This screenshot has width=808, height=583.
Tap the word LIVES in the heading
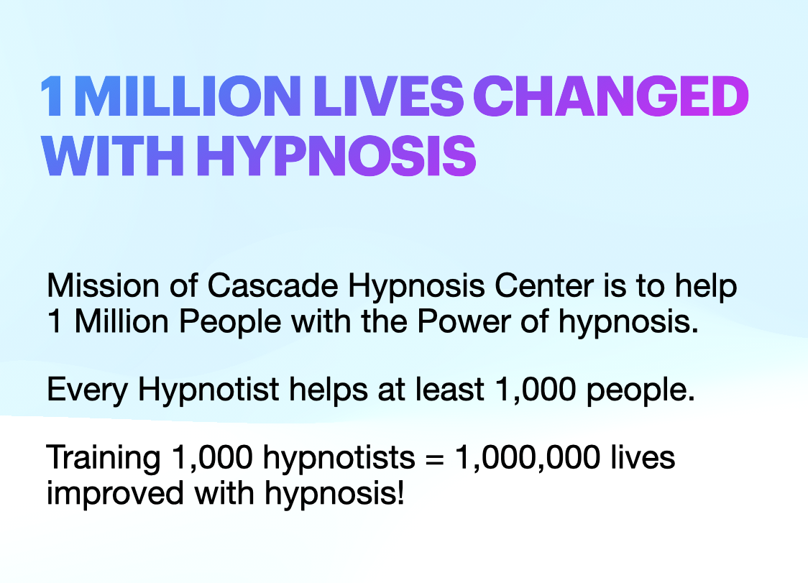(401, 98)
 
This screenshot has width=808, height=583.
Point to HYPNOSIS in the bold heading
(336, 157)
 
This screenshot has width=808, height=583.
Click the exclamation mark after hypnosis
(399, 493)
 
